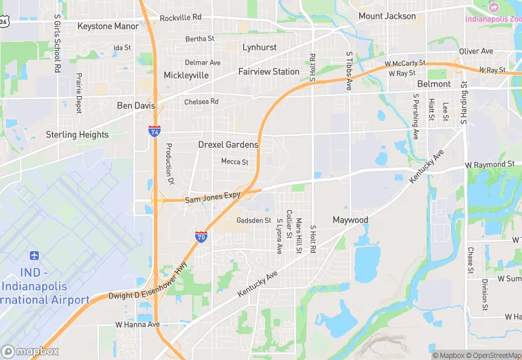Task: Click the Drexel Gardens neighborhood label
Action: pos(228,144)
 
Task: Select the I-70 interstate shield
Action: pos(201,237)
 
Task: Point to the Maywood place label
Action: pos(350,220)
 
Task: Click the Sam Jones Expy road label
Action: pos(212,199)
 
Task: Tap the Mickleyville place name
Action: pos(185,75)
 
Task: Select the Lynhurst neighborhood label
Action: pos(260,47)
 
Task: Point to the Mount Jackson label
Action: pos(387,16)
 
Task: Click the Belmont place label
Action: pos(434,84)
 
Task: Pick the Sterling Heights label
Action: pos(77,135)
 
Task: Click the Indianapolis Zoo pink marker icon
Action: pos(493,6)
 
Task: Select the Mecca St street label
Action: pos(234,161)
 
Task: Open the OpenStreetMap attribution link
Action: pos(494,355)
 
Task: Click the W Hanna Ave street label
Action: pos(137,324)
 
